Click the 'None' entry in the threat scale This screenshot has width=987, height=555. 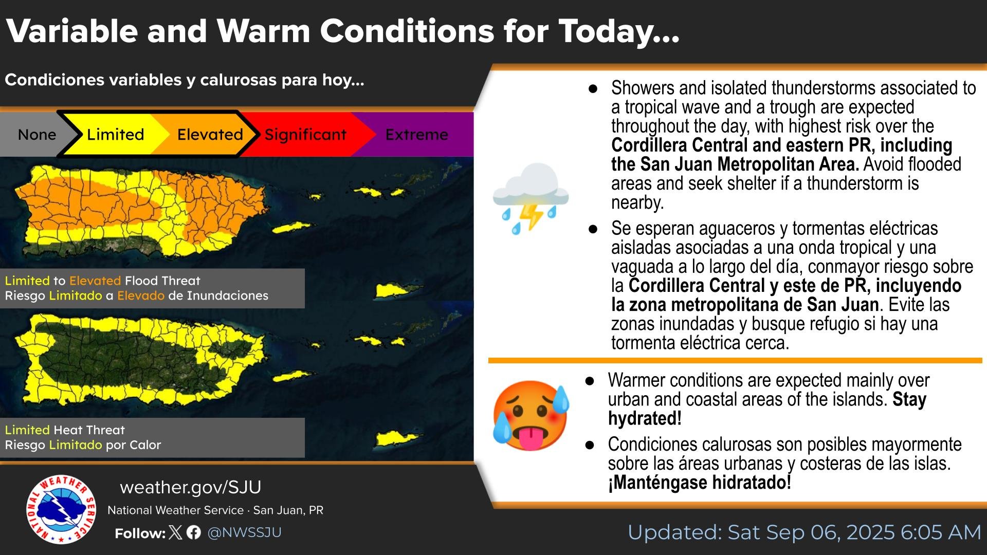pyautogui.click(x=37, y=135)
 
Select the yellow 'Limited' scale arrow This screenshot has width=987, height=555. pyautogui.click(x=116, y=135)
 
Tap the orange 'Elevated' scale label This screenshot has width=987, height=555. pyautogui.click(x=210, y=135)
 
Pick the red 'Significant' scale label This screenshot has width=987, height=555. pyautogui.click(x=305, y=135)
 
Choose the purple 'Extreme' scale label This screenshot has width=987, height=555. pyautogui.click(x=417, y=135)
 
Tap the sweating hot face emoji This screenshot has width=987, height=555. pyautogui.click(x=531, y=415)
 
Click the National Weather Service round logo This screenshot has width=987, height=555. pyautogui.click(x=61, y=509)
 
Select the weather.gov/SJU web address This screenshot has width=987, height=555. pyautogui.click(x=191, y=487)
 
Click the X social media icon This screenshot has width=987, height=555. pyautogui.click(x=175, y=532)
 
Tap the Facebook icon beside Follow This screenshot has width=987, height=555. pyautogui.click(x=194, y=532)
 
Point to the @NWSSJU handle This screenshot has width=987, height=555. pyautogui.click(x=244, y=532)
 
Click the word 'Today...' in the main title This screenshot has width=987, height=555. pyautogui.click(x=619, y=31)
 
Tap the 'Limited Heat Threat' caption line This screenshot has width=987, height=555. pyautogui.click(x=65, y=430)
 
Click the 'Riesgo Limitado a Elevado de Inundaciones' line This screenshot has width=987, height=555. pyautogui.click(x=137, y=295)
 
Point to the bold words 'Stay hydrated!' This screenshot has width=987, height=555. pyautogui.click(x=767, y=409)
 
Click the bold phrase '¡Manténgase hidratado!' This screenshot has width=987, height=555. pyautogui.click(x=699, y=483)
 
